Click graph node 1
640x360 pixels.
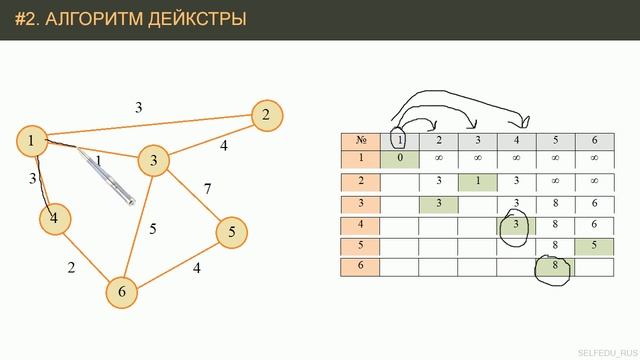click(x=33, y=141)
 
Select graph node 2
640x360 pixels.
click(x=266, y=115)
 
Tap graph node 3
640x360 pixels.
click(x=154, y=159)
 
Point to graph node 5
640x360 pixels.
click(x=232, y=232)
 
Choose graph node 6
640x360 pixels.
click(x=122, y=291)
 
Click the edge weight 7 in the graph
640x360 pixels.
click(x=208, y=188)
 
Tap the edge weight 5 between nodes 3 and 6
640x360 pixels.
click(x=153, y=229)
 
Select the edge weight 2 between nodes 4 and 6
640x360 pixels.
click(x=71, y=267)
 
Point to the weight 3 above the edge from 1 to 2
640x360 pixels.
click(x=139, y=106)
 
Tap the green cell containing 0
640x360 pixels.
click(x=399, y=157)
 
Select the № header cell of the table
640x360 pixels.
click(x=360, y=140)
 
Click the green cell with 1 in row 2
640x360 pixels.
click(x=477, y=181)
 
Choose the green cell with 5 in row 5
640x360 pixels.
click(x=593, y=245)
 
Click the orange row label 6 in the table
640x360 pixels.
click(x=360, y=266)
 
